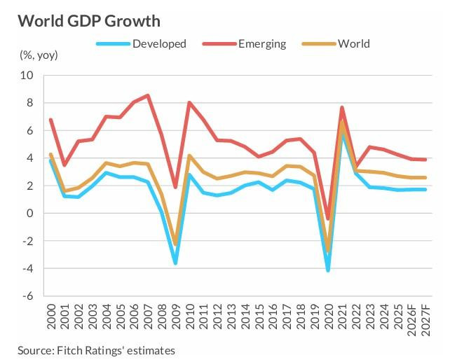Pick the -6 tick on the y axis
point(29,296)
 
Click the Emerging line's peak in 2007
point(147,95)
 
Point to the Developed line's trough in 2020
point(328,270)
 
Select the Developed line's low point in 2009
point(175,263)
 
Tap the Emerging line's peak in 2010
point(189,103)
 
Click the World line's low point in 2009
point(175,244)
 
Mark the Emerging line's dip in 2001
point(64,165)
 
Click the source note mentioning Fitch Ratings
point(97,349)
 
